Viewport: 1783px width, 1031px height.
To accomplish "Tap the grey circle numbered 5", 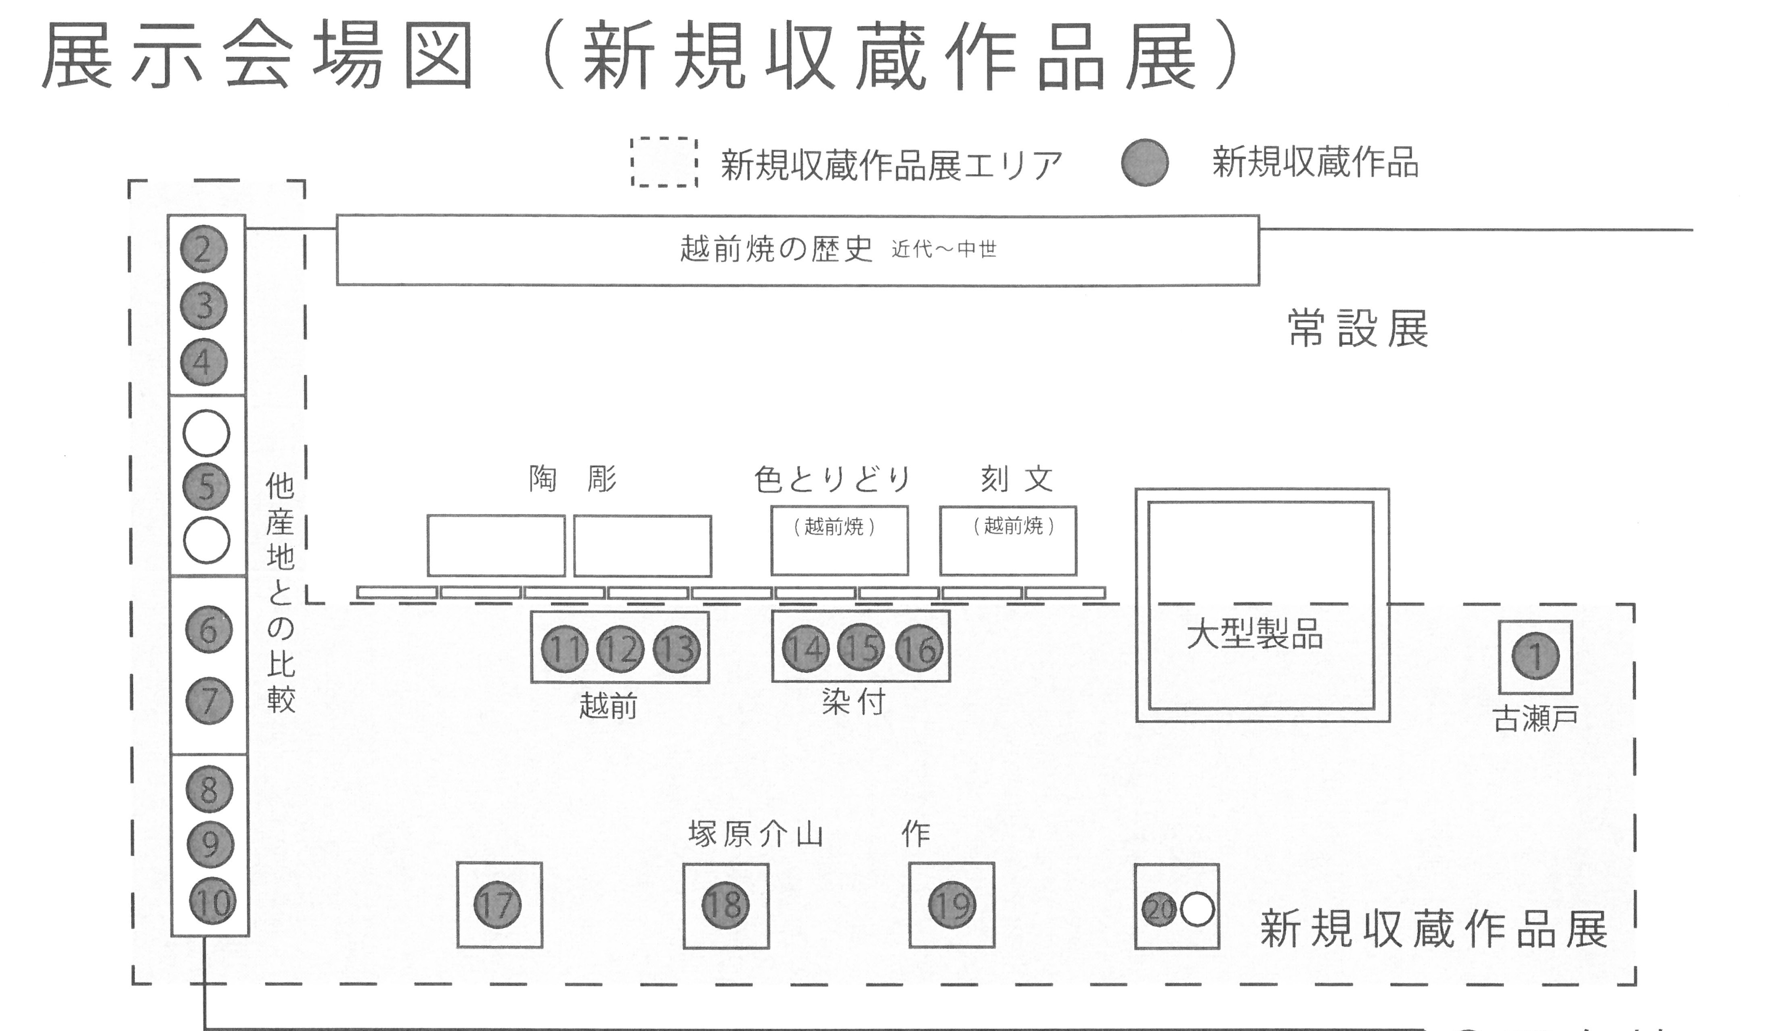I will coord(206,487).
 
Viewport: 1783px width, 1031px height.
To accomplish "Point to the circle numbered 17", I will coord(497,905).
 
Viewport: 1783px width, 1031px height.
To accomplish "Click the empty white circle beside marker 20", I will coord(1197,910).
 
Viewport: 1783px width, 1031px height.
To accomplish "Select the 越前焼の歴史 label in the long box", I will coord(776,249).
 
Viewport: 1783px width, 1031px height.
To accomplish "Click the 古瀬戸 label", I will coord(1536,720).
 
